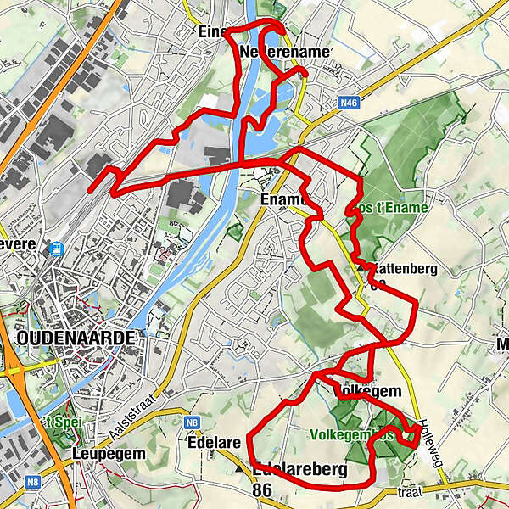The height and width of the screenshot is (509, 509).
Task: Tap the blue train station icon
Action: point(58,249)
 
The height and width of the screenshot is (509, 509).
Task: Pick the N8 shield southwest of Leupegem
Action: point(32,482)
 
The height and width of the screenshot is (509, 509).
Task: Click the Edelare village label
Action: point(210,441)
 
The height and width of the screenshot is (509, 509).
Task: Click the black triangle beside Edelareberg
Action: point(240,467)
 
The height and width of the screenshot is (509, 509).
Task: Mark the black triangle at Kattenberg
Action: point(361,267)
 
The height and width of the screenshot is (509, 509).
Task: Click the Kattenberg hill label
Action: point(402,269)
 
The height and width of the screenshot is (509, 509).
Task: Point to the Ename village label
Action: point(280,199)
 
